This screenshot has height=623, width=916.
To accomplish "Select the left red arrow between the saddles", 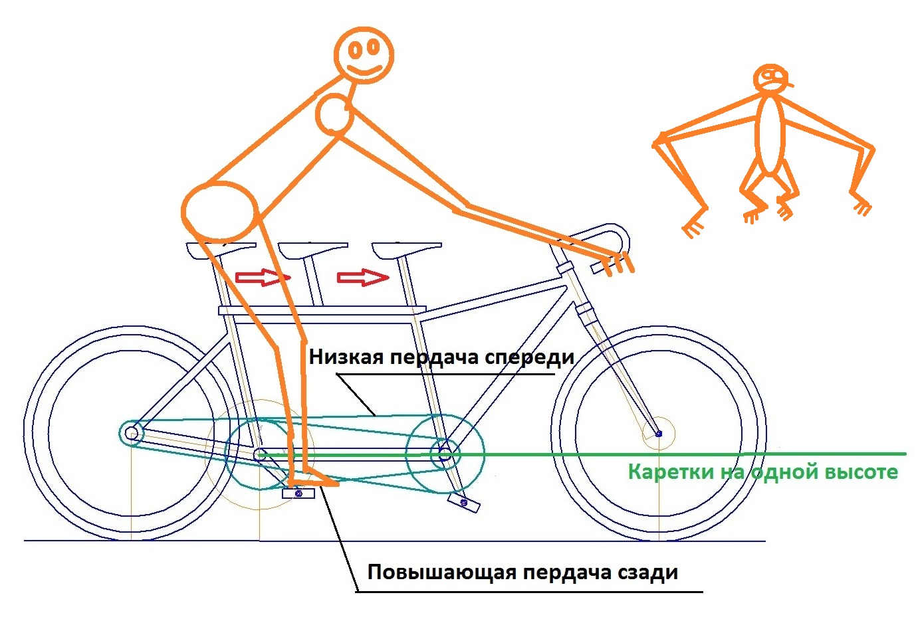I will (262, 277).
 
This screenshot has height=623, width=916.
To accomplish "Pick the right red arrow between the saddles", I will (362, 277).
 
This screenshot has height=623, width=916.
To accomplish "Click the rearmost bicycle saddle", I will (221, 248).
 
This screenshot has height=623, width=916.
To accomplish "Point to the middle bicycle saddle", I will (312, 249).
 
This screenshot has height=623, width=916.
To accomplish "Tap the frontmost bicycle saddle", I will (406, 250).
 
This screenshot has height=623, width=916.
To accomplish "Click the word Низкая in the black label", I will (346, 357).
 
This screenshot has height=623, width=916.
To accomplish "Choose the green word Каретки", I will (665, 472).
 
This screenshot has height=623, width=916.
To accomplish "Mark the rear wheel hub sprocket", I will (132, 433).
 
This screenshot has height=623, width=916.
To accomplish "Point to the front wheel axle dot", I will (659, 434).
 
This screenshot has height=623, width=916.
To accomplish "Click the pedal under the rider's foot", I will (298, 493).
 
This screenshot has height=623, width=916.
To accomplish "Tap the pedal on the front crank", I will (464, 502).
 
